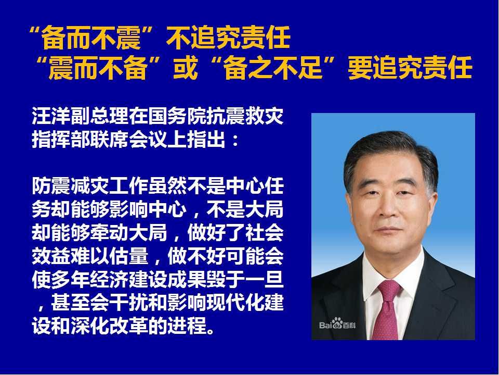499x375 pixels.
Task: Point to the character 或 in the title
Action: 186,68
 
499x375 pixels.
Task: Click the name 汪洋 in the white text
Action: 51,116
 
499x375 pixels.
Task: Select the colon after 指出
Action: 235,141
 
